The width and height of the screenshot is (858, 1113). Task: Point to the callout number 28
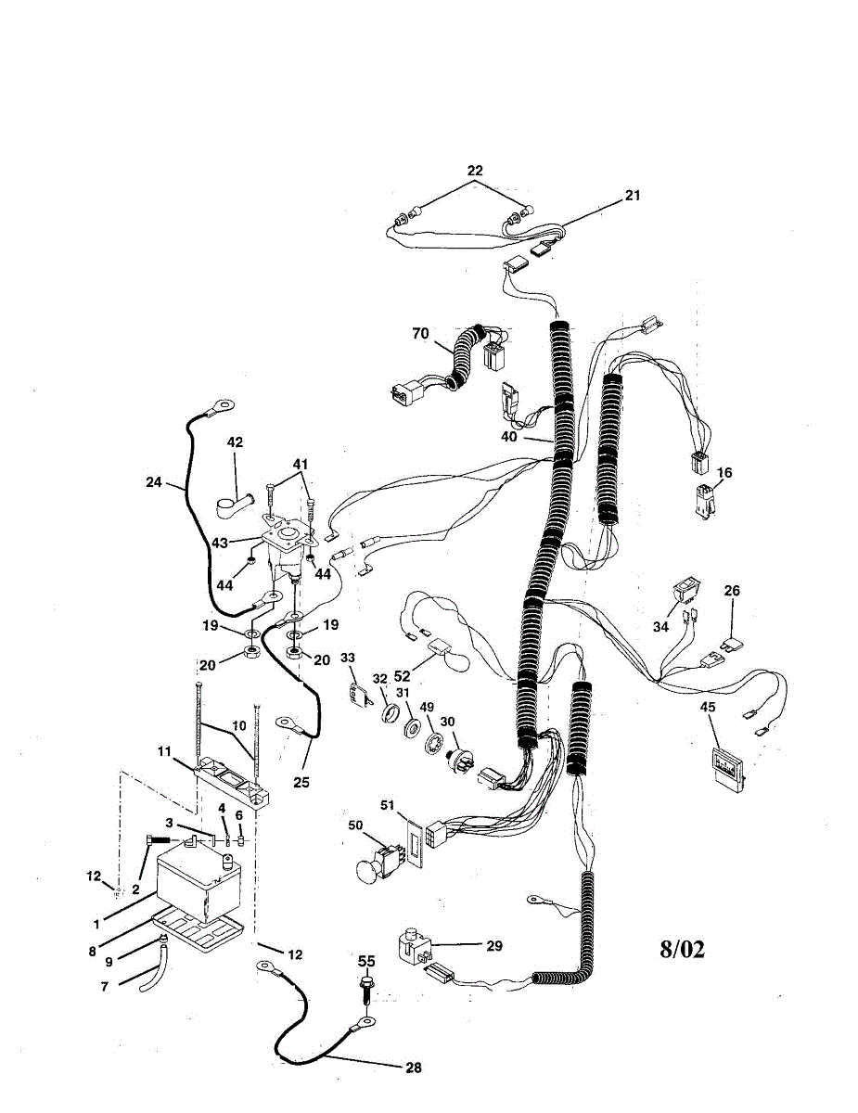coord(413,1068)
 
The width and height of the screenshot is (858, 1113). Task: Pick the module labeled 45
coord(728,768)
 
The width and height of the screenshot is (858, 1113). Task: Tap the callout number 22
coord(475,171)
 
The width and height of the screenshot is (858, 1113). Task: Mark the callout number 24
coord(154,482)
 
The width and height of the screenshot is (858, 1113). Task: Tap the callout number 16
coord(724,472)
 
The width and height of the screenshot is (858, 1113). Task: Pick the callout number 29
coord(493,945)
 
